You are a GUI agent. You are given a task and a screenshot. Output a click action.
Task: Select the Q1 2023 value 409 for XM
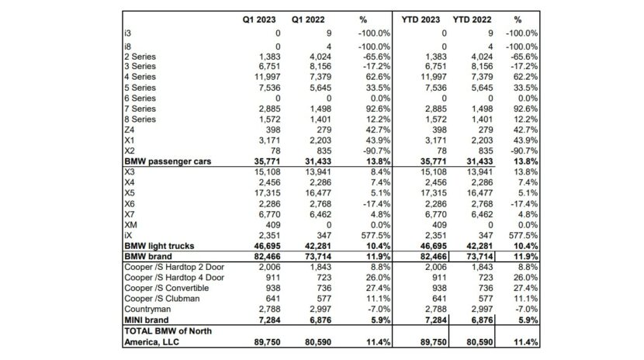click(261, 223)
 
